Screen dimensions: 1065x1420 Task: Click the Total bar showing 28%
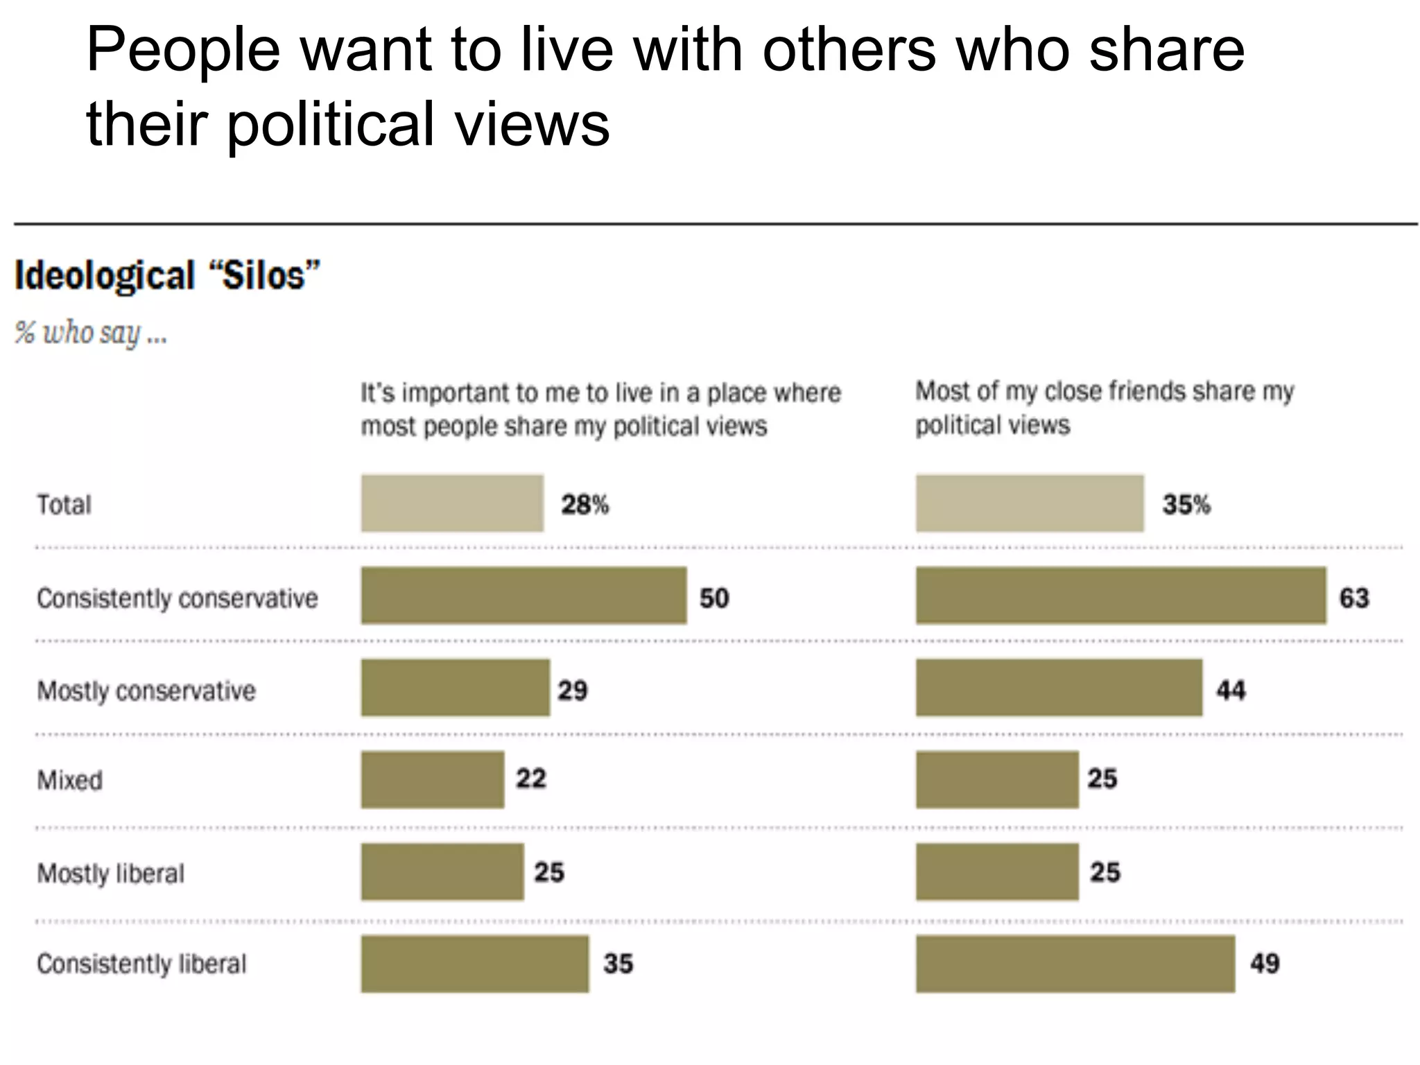[x=452, y=503]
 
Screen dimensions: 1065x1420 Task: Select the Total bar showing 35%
[x=1029, y=503]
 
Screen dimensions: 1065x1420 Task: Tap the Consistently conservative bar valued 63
[x=1120, y=596]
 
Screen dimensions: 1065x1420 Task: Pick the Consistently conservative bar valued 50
[x=523, y=596]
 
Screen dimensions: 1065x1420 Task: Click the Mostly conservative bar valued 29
[x=455, y=688]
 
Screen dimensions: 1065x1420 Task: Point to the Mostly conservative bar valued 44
[x=1059, y=688]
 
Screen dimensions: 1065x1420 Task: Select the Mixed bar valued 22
[x=432, y=780]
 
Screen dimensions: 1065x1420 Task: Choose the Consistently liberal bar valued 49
[x=1075, y=964]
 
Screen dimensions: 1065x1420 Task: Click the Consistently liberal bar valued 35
[x=474, y=964]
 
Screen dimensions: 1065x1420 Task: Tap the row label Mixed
[x=69, y=781]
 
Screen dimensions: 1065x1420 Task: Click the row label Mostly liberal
[x=111, y=874]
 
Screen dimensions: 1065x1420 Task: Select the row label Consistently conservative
[x=177, y=598]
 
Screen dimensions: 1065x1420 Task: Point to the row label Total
[x=64, y=505]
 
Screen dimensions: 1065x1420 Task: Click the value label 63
[x=1354, y=598]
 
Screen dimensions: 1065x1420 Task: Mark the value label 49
[x=1265, y=964]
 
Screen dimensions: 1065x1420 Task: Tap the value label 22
[x=531, y=779]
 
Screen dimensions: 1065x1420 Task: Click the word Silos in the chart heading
[x=263, y=276]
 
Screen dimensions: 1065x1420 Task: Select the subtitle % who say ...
[x=90, y=334]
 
